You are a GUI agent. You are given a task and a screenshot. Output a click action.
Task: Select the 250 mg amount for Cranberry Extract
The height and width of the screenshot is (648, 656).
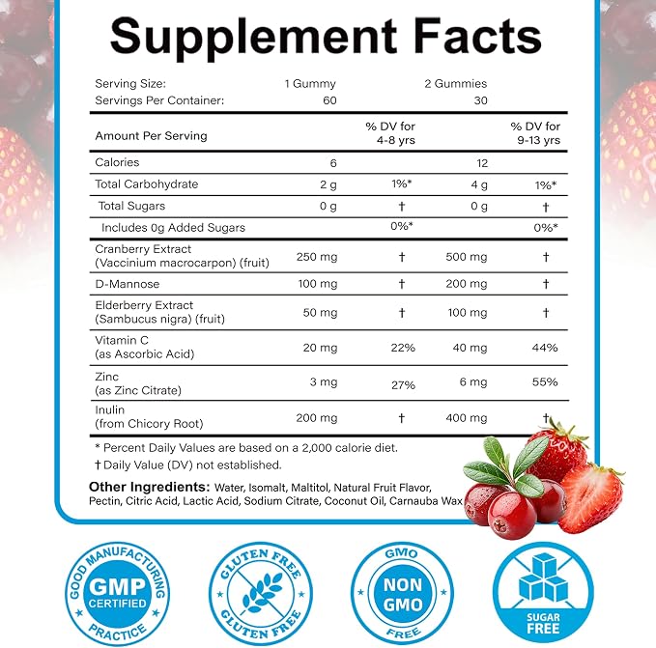[x=317, y=257]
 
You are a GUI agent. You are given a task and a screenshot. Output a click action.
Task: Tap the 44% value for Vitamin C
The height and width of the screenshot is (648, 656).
[x=545, y=348]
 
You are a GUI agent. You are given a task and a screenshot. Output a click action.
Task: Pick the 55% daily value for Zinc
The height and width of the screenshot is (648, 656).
[x=545, y=381]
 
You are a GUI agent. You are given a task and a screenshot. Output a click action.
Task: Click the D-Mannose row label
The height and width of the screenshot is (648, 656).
[x=128, y=284]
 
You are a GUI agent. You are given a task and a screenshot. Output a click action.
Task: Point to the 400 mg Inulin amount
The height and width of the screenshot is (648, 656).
[x=467, y=417]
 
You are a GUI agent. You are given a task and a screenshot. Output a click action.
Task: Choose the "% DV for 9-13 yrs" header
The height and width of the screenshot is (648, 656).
[x=535, y=133]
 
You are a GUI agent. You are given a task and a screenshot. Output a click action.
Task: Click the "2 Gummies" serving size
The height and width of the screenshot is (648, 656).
[x=456, y=84]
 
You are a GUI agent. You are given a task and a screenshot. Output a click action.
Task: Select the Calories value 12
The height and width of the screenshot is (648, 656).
[x=482, y=163]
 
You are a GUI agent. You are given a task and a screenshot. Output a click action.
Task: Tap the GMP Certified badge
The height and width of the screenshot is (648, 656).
[x=117, y=594]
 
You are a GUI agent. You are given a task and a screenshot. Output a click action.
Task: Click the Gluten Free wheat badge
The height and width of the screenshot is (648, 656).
[x=261, y=594]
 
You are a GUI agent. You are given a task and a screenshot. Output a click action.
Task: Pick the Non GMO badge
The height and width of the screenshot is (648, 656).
[x=402, y=594]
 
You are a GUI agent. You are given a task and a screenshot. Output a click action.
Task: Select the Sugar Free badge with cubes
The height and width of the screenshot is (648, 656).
[x=543, y=594]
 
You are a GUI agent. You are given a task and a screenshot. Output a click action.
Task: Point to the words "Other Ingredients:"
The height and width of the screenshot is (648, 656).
[x=150, y=487]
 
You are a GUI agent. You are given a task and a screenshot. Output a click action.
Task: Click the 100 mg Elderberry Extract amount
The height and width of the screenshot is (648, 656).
[x=468, y=313]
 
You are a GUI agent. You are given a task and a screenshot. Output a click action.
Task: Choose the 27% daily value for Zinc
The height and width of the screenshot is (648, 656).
[x=403, y=384]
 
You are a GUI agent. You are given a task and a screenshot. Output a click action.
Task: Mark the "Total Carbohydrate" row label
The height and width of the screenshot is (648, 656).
[x=147, y=184]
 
